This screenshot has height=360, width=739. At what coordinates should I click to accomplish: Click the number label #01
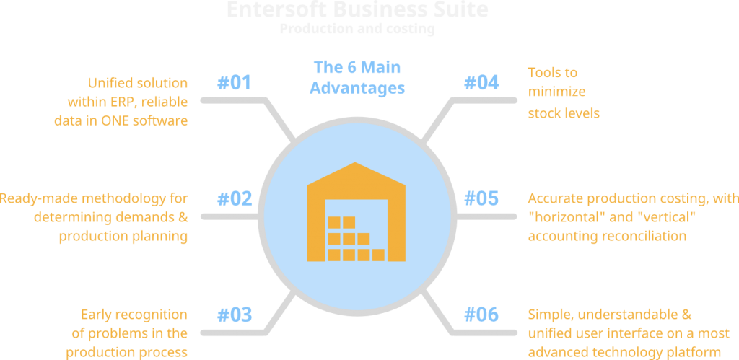pos(235,83)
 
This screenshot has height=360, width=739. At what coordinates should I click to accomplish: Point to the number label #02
pos(235,198)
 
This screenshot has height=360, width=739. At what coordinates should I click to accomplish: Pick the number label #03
pos(235,315)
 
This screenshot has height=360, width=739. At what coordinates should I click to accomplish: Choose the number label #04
pos(481,83)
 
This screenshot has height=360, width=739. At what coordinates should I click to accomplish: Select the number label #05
pos(481,198)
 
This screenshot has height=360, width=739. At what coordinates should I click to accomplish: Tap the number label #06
pos(481,315)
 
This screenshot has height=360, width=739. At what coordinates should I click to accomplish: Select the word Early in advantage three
pos(97,315)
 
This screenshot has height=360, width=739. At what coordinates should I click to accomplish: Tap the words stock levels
pos(564,113)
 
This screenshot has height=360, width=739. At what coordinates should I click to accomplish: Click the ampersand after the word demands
pos(182,217)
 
